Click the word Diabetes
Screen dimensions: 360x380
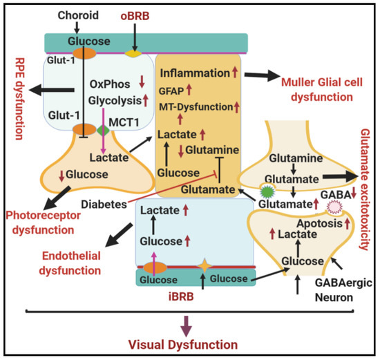pos(102,204)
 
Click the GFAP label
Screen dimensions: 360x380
pos(173,90)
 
